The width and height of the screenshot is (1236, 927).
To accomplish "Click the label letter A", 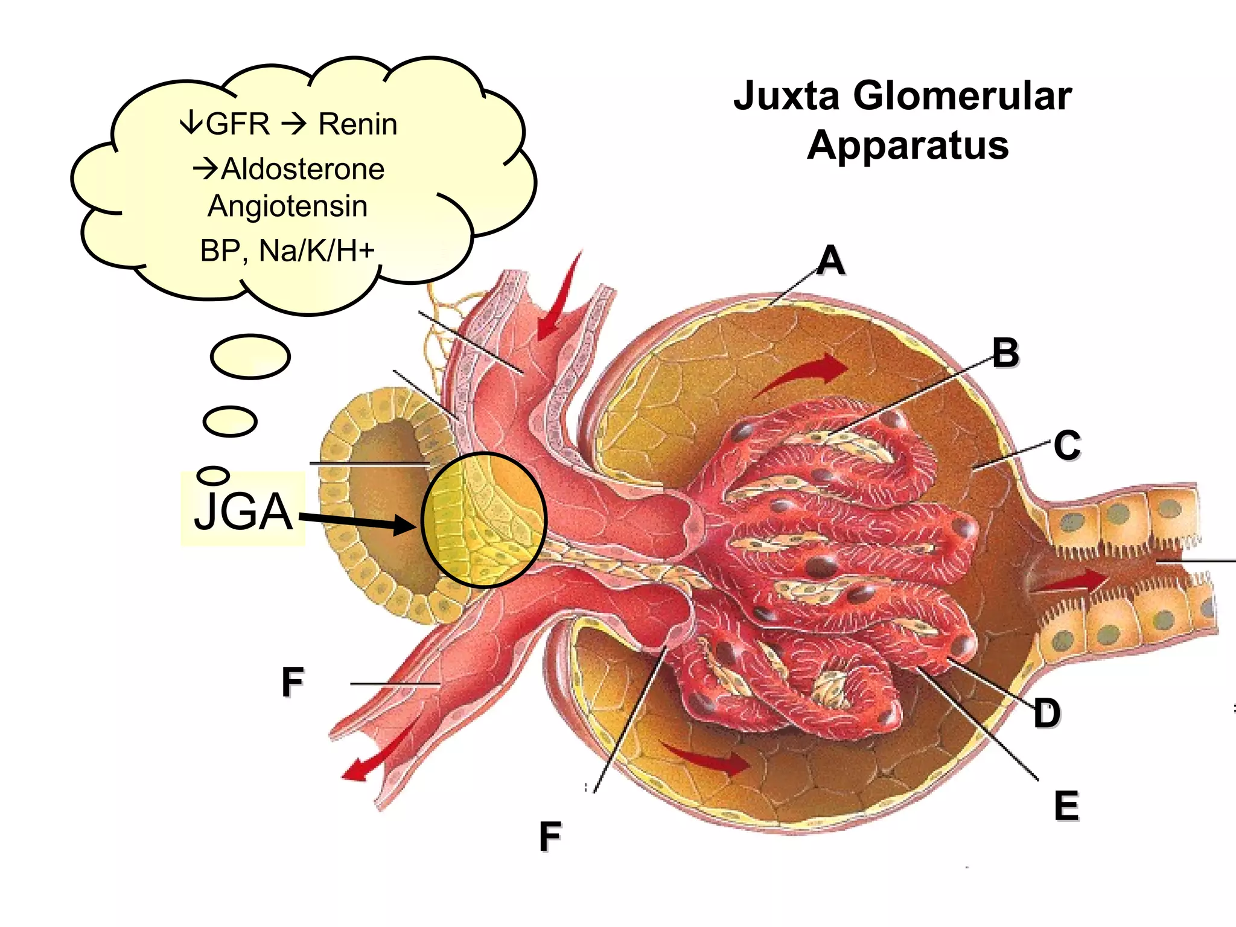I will tap(831, 260).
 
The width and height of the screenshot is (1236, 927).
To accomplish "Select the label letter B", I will tap(1005, 352).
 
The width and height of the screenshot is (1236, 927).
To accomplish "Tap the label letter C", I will tap(1067, 445).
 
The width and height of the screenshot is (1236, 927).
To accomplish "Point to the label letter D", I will tap(1046, 713).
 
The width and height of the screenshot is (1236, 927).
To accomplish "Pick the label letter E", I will tap(1066, 806).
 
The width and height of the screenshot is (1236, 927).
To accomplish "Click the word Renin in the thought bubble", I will tap(357, 124).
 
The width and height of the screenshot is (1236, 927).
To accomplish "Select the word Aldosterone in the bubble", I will tap(302, 169).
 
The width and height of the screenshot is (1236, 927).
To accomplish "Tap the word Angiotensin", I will tap(287, 206).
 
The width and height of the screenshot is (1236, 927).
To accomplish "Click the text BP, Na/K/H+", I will tap(287, 250).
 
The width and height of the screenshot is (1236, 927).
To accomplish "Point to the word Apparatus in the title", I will tap(908, 145).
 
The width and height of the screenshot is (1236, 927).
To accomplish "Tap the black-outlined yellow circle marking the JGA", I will tap(483, 520).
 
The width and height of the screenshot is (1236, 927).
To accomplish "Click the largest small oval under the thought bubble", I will tap(250, 357).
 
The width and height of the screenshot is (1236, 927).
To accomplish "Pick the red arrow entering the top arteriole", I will tap(558, 302).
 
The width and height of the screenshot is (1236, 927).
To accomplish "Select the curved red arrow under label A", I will tap(803, 374).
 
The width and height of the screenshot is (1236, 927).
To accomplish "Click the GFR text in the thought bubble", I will tap(237, 124).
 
